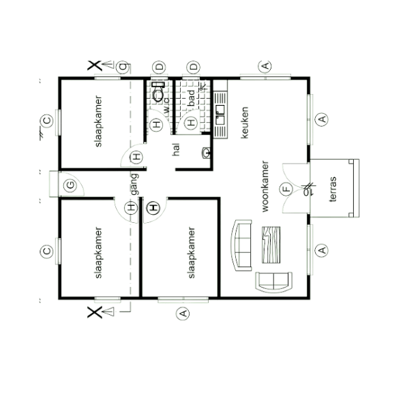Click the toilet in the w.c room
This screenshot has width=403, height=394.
pos(158,92)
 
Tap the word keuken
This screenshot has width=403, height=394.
pos(245,123)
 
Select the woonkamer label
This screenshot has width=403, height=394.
pos(265,187)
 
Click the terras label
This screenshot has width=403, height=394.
pos(333,190)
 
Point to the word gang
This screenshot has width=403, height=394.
pos(134,185)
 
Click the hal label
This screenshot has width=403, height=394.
pos(176,150)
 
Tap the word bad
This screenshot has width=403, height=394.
pos(192,98)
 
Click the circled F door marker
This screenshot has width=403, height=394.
pos(286,190)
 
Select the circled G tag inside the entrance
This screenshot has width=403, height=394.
pos(70,185)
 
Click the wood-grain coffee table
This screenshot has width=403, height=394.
pos(271,245)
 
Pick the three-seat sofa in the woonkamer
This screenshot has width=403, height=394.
pos(241,245)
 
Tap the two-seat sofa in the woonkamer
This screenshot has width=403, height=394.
pos(274,282)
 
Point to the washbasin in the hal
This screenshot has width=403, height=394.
pos(206,153)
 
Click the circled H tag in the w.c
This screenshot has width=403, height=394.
pos(156,125)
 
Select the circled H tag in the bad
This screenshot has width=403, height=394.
pos(191,123)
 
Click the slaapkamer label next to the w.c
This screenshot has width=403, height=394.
pos(98,121)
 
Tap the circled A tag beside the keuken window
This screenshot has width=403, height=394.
pos(322,119)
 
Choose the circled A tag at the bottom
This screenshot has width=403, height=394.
pos(183,314)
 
